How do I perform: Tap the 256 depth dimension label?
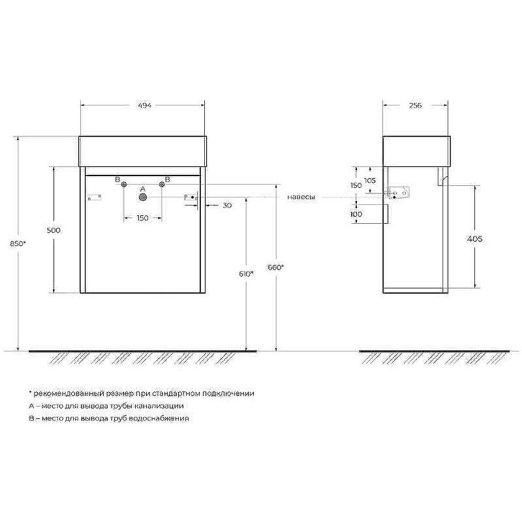(x=415, y=106)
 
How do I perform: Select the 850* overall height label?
(x=19, y=243)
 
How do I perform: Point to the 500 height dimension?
(x=54, y=230)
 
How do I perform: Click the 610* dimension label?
(x=247, y=274)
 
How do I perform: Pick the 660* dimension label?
(x=275, y=267)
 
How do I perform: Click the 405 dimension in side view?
(x=475, y=239)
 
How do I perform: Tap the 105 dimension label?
(x=370, y=180)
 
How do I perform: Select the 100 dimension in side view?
(x=356, y=214)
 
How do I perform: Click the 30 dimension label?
(x=226, y=206)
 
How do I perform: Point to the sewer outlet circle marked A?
(x=143, y=197)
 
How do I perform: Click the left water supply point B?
(x=123, y=185)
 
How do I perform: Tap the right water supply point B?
(x=162, y=185)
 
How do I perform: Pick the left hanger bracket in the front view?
(x=94, y=196)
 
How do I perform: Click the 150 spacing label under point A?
(x=142, y=217)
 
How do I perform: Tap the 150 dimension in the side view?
(x=356, y=185)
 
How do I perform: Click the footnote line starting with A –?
(x=110, y=406)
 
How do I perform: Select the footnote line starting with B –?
(x=109, y=418)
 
